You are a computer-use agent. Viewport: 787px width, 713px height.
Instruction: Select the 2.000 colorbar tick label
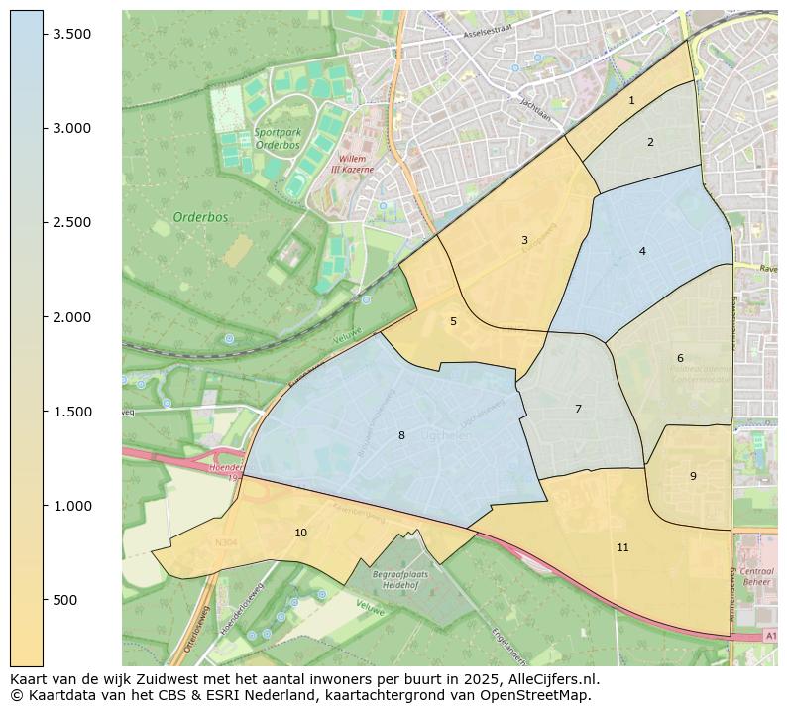click(x=72, y=317)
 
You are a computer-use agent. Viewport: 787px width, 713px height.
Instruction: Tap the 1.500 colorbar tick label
click(x=72, y=412)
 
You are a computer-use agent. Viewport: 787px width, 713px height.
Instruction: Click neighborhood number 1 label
click(x=631, y=100)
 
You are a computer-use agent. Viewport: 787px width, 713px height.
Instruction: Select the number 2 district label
click(x=650, y=142)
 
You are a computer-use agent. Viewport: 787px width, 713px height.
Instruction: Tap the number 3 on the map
click(x=524, y=240)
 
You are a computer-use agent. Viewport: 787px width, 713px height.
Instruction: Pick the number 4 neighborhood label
click(x=642, y=251)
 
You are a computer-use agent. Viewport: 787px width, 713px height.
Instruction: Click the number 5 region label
click(x=453, y=321)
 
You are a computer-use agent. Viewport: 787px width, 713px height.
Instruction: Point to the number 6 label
click(x=680, y=358)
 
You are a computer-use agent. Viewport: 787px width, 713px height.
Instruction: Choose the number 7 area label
click(x=578, y=409)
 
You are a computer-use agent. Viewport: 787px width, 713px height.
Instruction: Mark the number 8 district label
click(x=401, y=435)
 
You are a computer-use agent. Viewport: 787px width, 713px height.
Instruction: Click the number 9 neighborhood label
click(x=693, y=476)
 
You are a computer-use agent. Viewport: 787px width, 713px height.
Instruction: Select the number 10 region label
click(x=300, y=533)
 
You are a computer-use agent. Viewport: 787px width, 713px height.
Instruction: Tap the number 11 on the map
click(x=622, y=547)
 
